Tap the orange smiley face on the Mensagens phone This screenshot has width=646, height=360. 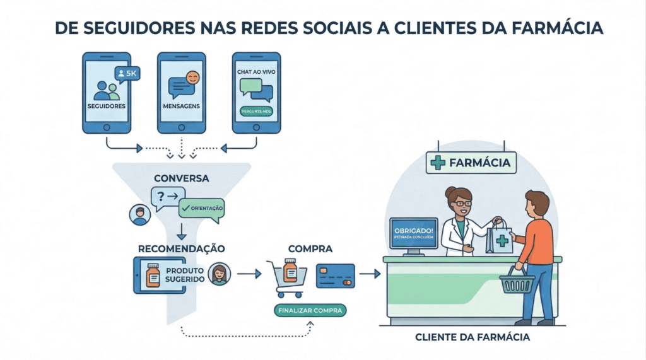pos(193,78)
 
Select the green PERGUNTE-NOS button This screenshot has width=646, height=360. pos(255,112)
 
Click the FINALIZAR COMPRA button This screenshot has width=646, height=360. pos(310,311)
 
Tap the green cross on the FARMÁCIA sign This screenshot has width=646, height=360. pos(437,163)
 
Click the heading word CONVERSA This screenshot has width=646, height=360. pos(181,178)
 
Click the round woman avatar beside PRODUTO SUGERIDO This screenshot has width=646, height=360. pos(220,274)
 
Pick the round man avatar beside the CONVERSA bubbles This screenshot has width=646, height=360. pos(138,214)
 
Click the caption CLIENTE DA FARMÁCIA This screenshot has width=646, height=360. pos(473,337)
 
